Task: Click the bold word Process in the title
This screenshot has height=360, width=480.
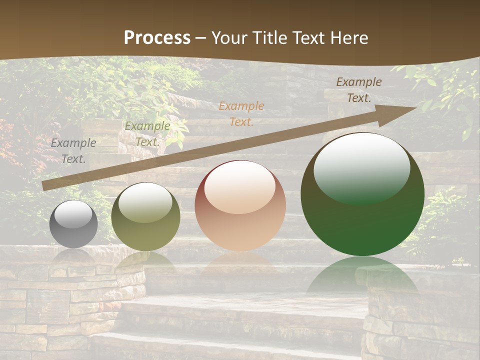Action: click(157, 38)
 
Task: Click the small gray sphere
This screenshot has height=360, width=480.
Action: click(73, 224)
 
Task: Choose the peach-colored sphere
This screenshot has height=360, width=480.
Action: click(240, 205)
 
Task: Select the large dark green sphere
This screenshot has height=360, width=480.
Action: click(362, 194)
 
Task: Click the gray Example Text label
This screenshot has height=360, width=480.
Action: click(73, 150)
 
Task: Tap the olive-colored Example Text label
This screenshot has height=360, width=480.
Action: click(147, 134)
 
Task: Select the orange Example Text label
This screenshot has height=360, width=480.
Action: click(241, 113)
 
